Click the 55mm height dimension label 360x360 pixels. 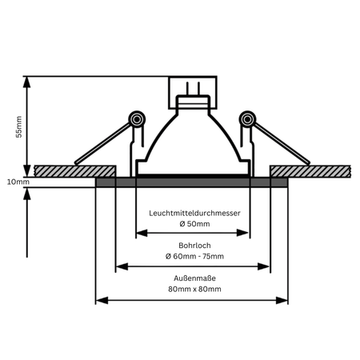pos(18,126)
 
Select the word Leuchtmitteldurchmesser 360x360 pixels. pos(194,213)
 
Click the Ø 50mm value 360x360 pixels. pos(194,224)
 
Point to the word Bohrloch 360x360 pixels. pos(194,246)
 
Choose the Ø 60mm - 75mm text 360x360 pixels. pos(194,256)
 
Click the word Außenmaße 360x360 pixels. pos(194,278)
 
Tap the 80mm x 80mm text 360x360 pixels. pos(194,289)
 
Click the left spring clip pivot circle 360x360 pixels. pos(137,119)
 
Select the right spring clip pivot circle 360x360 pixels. pos(247,119)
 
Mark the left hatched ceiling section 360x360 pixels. pos(75,171)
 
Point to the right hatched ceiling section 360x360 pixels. pos(310,171)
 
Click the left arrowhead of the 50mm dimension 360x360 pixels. pos(142,233)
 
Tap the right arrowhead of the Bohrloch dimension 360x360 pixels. pos(263,266)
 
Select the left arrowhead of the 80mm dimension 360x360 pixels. pos(102,301)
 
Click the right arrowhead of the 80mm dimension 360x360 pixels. pos(282,301)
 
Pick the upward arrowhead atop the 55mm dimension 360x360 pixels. pos(26,82)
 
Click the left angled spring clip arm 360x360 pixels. pos(103,143)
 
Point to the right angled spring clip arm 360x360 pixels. pos(282,143)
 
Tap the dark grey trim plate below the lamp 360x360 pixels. pos(192,182)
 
